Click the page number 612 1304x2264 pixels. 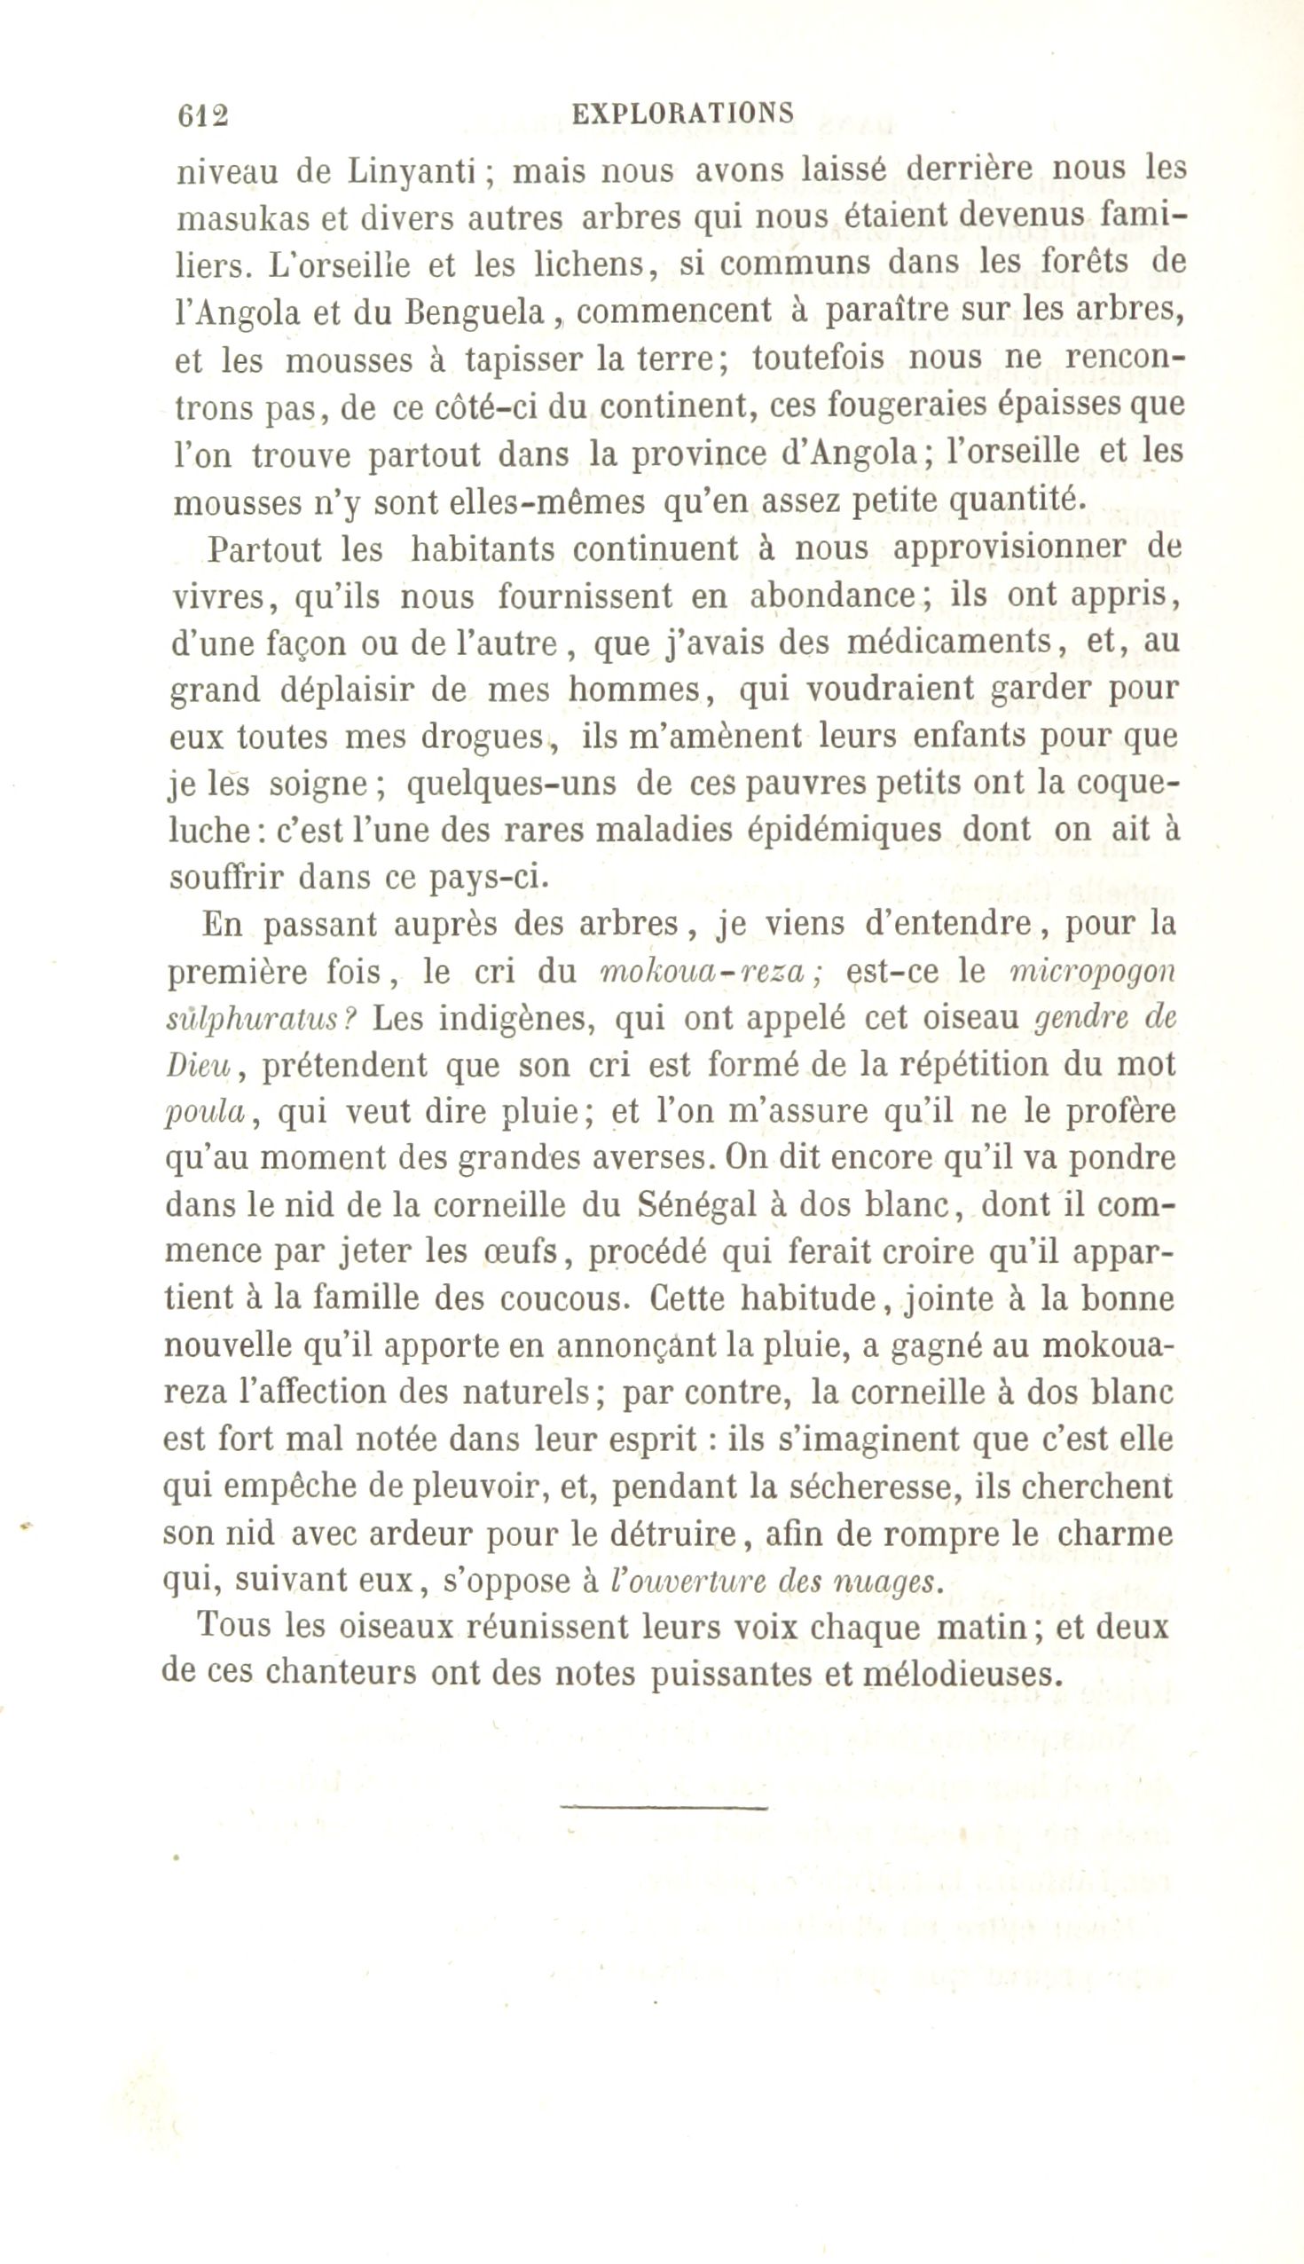(x=204, y=115)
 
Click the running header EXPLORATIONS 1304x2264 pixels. (x=682, y=113)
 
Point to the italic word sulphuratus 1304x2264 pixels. (x=256, y=1020)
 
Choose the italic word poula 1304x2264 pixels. (x=207, y=1113)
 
